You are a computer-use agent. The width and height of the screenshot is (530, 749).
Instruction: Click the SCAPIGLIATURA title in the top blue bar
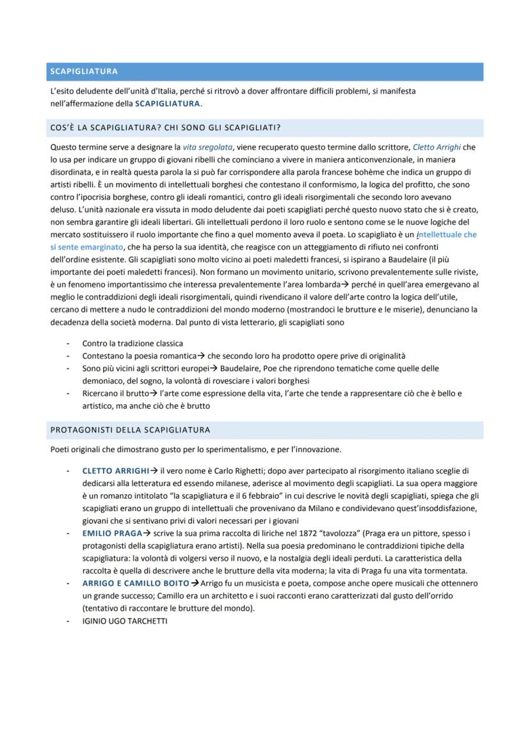pyautogui.click(x=83, y=72)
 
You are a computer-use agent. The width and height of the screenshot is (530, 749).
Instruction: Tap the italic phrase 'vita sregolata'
pyautogui.click(x=199, y=147)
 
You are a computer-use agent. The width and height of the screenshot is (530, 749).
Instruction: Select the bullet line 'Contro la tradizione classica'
pyautogui.click(x=132, y=343)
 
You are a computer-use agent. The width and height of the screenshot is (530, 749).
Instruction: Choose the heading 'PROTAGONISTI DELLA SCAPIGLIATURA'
pyautogui.click(x=130, y=429)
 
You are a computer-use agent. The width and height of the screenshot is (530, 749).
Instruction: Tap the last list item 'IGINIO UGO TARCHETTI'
pyautogui.click(x=125, y=620)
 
